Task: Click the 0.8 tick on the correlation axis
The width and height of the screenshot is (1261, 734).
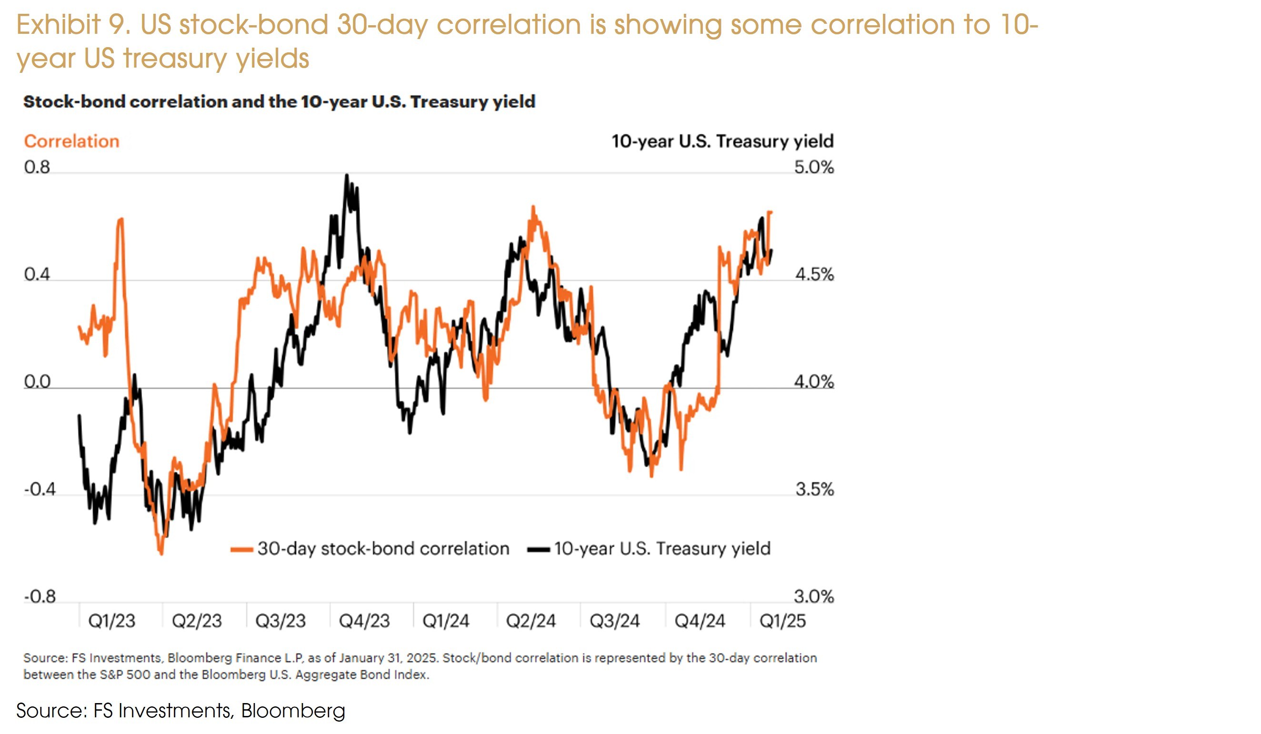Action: [x=37, y=167]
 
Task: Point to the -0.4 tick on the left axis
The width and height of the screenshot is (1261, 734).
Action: [x=40, y=489]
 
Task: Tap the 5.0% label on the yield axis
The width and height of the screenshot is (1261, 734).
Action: [x=814, y=167]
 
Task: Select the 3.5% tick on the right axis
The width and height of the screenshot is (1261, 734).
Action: [x=815, y=489]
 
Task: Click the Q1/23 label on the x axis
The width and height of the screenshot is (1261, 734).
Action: [x=111, y=621]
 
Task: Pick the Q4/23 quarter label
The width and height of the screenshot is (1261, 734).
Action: [x=364, y=621]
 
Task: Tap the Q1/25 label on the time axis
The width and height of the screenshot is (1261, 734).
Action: [x=782, y=621]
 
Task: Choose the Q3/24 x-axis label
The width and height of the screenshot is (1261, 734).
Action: [x=614, y=621]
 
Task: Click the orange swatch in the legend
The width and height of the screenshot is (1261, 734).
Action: [x=241, y=549]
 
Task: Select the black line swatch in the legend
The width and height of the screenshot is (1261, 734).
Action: [x=539, y=549]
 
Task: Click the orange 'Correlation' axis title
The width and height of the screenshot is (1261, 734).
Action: [x=71, y=141]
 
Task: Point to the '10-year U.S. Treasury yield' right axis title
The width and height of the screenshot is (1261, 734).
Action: [x=722, y=141]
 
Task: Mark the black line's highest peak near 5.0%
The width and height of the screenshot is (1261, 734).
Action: [x=347, y=175]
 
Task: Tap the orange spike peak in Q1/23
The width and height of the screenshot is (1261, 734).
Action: [x=120, y=219]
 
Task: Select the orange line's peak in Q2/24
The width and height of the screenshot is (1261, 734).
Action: [x=533, y=207]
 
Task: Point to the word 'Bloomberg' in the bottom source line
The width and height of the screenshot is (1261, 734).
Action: [x=293, y=711]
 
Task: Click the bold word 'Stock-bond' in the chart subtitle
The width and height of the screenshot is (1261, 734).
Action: [x=73, y=101]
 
